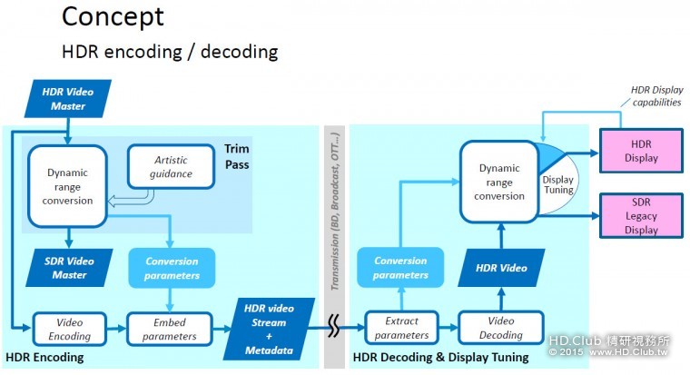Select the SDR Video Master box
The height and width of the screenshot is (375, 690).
click(x=68, y=268)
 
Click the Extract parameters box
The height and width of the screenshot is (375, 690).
click(x=400, y=328)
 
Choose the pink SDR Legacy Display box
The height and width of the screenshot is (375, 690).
click(x=641, y=217)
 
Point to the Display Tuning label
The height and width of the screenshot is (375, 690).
click(x=557, y=184)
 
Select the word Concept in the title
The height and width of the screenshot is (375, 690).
click(x=113, y=16)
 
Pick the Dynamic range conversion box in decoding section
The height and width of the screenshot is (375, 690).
click(x=498, y=182)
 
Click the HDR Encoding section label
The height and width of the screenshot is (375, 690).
click(x=44, y=357)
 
